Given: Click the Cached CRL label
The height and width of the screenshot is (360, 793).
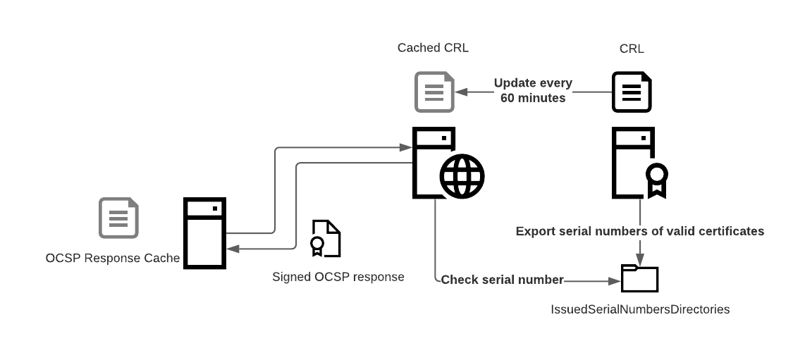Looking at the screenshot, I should coord(433,48).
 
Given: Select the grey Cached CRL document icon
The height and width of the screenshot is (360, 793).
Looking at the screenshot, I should coord(434,92).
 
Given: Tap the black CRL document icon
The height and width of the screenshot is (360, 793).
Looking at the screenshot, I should coord(632,92).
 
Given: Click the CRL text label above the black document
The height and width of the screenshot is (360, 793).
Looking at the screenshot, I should coord(632,49).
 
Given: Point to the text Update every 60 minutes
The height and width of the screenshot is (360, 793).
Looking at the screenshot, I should coord(533,90).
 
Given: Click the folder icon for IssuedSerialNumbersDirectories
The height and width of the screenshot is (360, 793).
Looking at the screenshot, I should coord(639,279).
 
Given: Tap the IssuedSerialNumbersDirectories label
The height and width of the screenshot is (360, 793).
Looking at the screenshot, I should coord(639,309).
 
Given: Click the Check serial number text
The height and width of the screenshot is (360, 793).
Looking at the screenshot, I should coord(502,280).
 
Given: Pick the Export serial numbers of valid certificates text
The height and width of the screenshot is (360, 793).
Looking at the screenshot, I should coord(639,231).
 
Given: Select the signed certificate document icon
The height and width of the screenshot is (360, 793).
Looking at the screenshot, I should coord(326,238).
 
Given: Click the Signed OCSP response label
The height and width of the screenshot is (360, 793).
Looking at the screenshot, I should coord(338,277).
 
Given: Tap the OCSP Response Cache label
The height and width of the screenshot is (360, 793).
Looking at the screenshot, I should coord(113,258).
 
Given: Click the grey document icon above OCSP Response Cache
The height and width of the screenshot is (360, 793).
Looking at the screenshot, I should coord(118,218).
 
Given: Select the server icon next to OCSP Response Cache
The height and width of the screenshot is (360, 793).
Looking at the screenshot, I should coord(204,232).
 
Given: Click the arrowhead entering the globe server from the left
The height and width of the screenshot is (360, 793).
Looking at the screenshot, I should coord(405,148).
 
